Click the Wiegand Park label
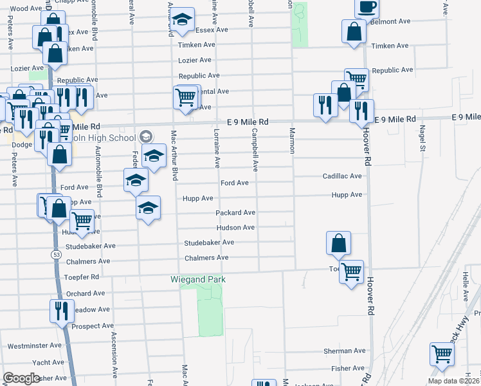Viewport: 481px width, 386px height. coord(198,280)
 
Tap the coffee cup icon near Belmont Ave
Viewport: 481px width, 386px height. coord(367,7)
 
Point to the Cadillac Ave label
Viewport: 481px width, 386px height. coord(342,176)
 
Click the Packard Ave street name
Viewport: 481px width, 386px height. coord(235,213)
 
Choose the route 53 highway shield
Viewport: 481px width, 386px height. coord(57,255)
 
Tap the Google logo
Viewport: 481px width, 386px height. coord(21,378)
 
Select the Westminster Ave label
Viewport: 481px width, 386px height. coord(34,345)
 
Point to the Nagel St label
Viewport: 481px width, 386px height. coord(422,138)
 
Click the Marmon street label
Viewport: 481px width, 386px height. coord(291,140)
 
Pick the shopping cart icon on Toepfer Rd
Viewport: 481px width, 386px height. coord(351,271)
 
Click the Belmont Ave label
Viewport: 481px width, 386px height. coord(390,21)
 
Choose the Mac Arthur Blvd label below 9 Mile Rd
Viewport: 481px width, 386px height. coord(173,154)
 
